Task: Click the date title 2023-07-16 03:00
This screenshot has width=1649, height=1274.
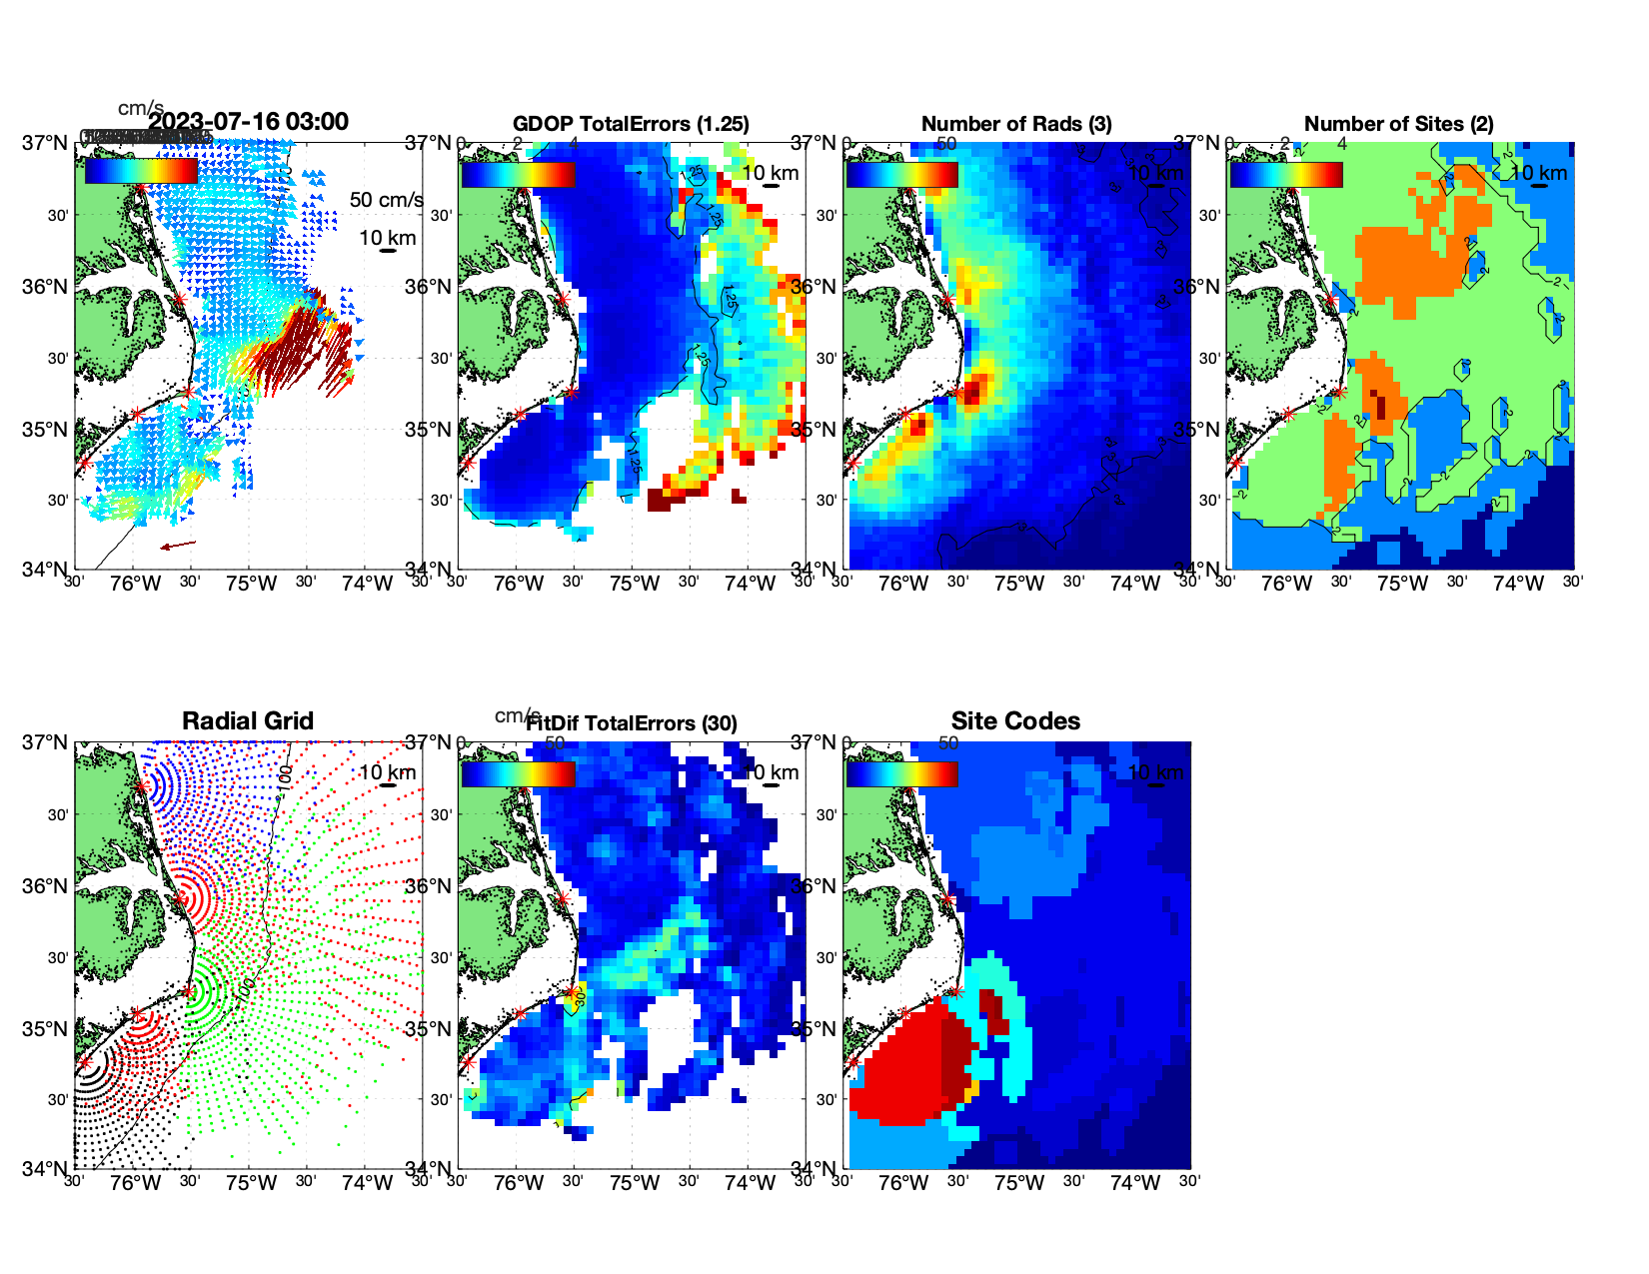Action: [x=248, y=122]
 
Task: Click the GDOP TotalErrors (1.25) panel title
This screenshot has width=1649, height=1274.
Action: [x=631, y=124]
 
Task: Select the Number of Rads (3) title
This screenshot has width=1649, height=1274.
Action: [x=1015, y=124]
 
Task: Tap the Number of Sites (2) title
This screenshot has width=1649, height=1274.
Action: [x=1398, y=124]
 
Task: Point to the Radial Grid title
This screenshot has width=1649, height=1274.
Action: [x=248, y=721]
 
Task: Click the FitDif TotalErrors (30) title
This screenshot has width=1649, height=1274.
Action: [x=632, y=723]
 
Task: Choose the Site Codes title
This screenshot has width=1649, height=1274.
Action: [x=1015, y=721]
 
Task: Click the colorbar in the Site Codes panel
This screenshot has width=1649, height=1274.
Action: [x=901, y=773]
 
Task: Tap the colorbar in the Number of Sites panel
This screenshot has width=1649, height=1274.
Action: [x=1285, y=174]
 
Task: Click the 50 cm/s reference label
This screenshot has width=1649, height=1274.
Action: [x=386, y=200]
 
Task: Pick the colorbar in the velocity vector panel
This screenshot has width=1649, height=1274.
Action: [x=141, y=171]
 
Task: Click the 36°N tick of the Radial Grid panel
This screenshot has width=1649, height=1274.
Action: [x=45, y=886]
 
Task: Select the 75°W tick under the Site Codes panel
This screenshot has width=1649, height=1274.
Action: [x=1018, y=1183]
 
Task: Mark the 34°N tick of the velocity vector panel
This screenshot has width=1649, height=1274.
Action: [x=45, y=570]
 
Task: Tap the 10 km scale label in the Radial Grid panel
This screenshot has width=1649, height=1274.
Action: [x=387, y=772]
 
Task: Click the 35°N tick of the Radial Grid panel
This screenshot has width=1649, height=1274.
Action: [x=45, y=1029]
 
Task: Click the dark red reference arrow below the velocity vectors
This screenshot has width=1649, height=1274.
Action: [x=178, y=546]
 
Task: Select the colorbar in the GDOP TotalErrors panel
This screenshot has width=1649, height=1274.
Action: [x=518, y=174]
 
